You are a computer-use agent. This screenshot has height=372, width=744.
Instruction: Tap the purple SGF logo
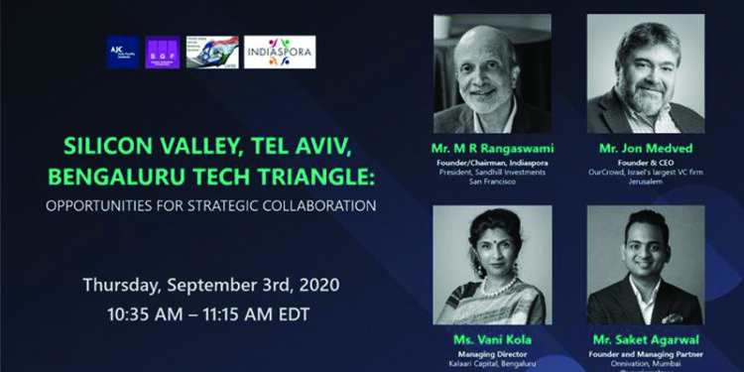(x=162, y=52)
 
